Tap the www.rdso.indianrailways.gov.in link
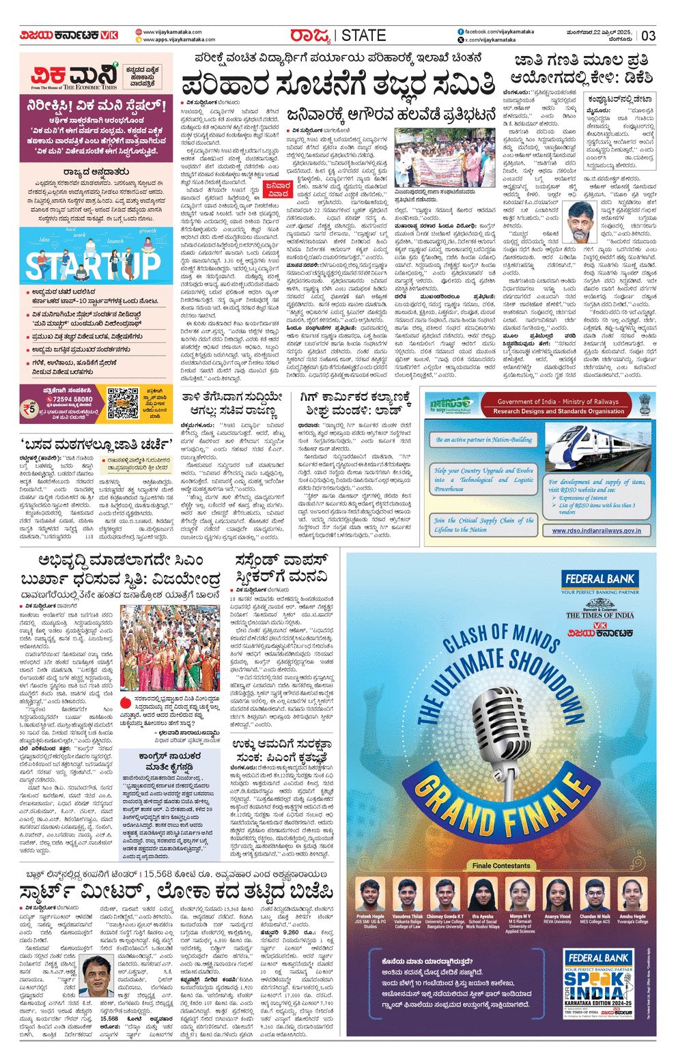point(596,530)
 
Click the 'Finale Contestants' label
point(501,865)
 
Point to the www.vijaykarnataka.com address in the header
point(172,32)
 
